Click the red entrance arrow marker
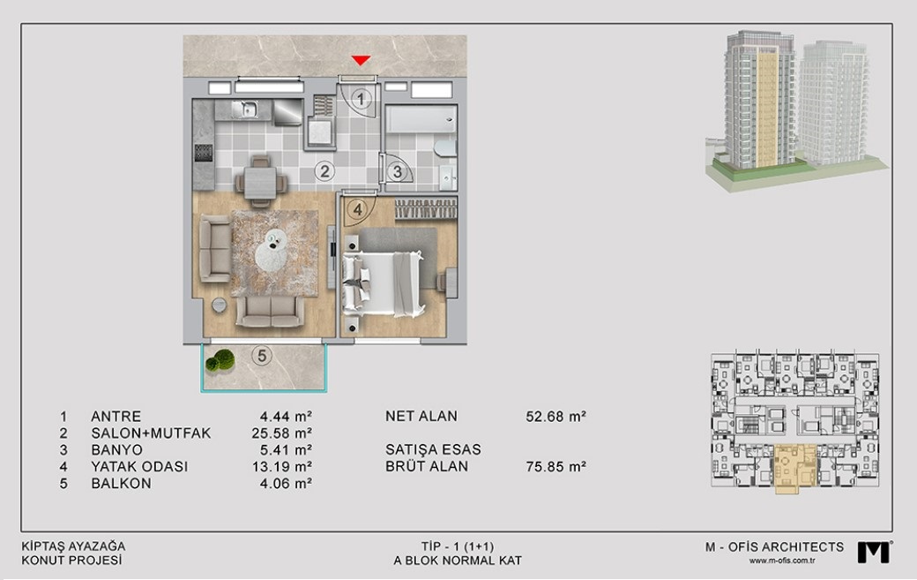361,60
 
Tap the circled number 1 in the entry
361,99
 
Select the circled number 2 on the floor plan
324,171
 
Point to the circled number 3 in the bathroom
397,171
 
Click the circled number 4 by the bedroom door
357,208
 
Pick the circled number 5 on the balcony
261,355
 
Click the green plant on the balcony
220,360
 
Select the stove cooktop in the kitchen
204,153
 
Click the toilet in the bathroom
445,148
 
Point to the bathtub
421,119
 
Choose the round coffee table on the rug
271,247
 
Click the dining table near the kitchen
260,182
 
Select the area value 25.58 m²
278,433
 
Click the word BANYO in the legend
117,450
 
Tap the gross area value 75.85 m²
555,467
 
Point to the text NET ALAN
421,416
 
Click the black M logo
875,552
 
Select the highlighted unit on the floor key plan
794,468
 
